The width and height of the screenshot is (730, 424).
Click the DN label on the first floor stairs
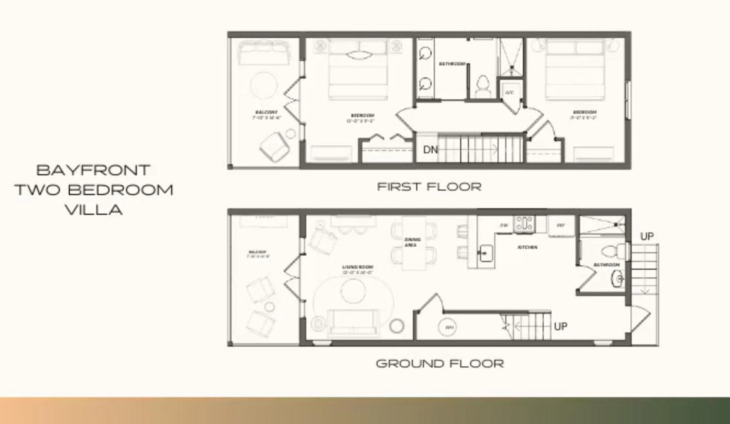coord(430,150)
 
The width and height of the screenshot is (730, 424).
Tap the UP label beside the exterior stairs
coord(647,237)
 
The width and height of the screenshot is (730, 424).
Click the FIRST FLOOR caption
coord(429,187)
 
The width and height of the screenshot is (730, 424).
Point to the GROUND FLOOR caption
coord(440,363)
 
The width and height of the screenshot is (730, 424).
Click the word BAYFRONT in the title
coord(93,170)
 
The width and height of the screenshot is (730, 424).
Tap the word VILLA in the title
coord(94,210)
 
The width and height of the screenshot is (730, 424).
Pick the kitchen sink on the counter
coord(486,253)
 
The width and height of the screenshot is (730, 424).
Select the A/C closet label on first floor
coord(509,93)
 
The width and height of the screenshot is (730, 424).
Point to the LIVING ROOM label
coord(357,267)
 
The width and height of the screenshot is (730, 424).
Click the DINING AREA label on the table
coord(412,242)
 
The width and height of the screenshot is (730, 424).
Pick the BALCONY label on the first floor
coord(266,112)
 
